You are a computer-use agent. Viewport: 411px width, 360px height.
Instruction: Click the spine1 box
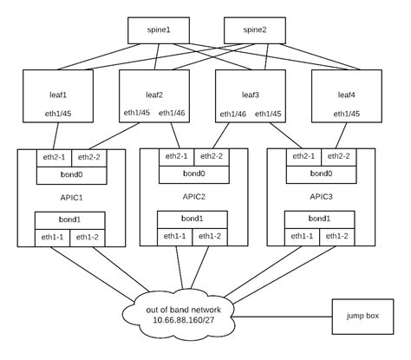click(157, 30)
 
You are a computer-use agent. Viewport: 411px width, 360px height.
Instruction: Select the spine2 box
click(255, 30)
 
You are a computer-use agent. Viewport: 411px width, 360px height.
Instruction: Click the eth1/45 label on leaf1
click(58, 114)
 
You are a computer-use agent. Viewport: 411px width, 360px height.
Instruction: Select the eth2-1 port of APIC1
click(54, 157)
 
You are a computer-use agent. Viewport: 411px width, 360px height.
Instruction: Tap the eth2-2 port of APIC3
click(339, 157)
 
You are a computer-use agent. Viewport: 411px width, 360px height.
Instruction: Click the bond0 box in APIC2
click(193, 173)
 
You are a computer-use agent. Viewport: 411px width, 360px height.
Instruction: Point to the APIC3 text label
click(321, 197)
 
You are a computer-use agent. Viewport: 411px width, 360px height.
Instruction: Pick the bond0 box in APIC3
click(321, 173)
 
